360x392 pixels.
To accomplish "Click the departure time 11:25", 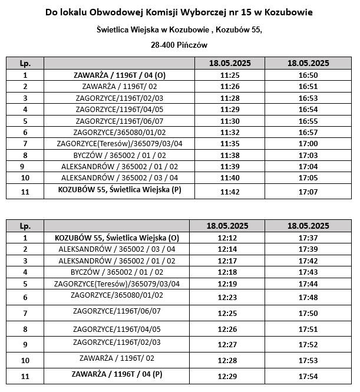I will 227,75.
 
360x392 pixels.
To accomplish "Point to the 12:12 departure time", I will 227,238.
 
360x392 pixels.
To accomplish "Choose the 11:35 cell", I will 227,143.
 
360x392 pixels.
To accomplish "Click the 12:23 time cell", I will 227,297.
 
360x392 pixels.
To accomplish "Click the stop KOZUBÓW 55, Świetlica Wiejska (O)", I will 116,238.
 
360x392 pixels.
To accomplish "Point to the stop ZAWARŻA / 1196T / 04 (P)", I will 116,374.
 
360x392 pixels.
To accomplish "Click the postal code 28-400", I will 163,44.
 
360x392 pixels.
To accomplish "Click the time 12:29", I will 227,375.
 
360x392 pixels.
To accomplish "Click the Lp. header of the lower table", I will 25,226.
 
